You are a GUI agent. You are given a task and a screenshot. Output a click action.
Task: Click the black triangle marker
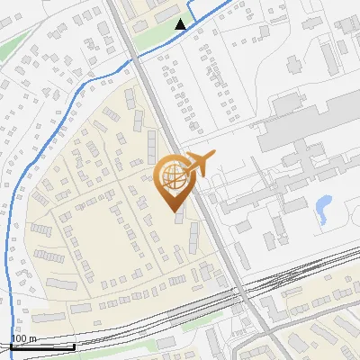click(181, 24)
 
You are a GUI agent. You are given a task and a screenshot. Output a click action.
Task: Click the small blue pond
click(322, 210)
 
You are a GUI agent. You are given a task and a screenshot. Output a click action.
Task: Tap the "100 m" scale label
click(24, 338)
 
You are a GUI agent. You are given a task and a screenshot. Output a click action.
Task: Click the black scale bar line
click(43, 346)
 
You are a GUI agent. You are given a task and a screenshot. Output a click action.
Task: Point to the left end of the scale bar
click(13, 346)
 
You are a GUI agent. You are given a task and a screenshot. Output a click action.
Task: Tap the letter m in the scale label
click(32, 338)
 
